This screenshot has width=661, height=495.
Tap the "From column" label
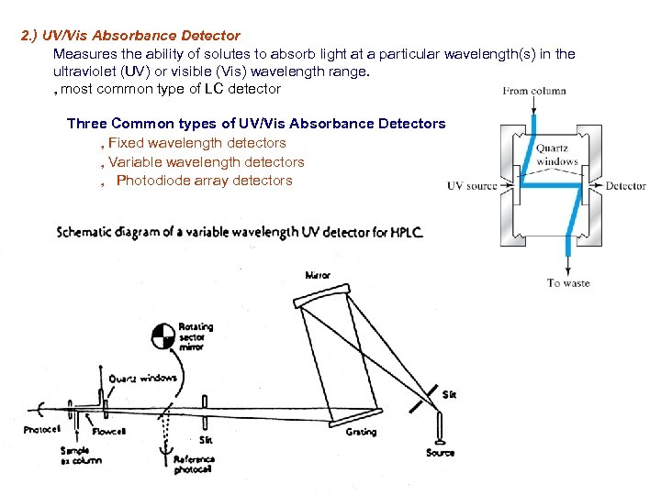(534, 91)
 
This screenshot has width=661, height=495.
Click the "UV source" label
(472, 186)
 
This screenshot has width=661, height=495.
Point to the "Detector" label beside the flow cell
(625, 186)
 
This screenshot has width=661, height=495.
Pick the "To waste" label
(568, 283)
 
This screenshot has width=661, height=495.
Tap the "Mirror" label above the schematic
(318, 275)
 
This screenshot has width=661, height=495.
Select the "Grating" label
(361, 432)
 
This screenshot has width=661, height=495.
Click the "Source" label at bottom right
(441, 452)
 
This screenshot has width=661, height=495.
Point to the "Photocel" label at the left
(42, 429)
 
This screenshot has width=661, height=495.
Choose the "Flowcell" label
(109, 432)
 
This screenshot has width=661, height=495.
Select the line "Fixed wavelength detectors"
(196, 143)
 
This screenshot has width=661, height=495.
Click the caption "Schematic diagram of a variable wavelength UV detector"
(240, 232)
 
